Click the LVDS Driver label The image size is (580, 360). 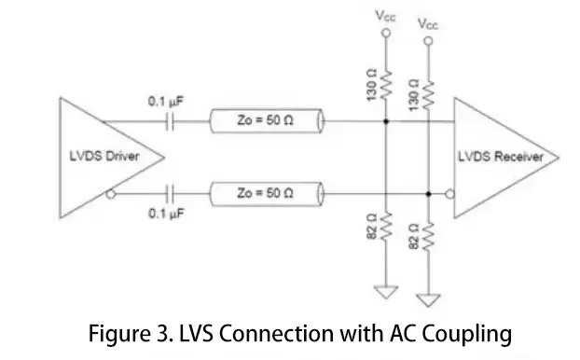104,156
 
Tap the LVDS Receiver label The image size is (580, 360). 501,157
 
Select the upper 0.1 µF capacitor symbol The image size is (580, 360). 170,121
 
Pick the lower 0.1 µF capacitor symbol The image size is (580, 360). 170,193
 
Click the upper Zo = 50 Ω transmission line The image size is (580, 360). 267,120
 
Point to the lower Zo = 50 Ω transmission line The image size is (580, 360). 267,193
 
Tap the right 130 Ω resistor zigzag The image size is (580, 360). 428,95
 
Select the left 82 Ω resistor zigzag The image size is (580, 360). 386,227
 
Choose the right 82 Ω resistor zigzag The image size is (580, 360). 428,236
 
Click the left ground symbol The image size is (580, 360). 386,292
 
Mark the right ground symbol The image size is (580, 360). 428,300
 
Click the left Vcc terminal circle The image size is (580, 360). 386,34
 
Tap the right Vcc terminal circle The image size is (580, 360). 428,41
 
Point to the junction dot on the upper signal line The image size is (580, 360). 386,121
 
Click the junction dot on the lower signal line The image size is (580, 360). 428,193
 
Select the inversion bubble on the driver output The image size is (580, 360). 111,193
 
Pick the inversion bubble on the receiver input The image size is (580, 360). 449,193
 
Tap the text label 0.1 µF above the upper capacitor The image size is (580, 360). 165,102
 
